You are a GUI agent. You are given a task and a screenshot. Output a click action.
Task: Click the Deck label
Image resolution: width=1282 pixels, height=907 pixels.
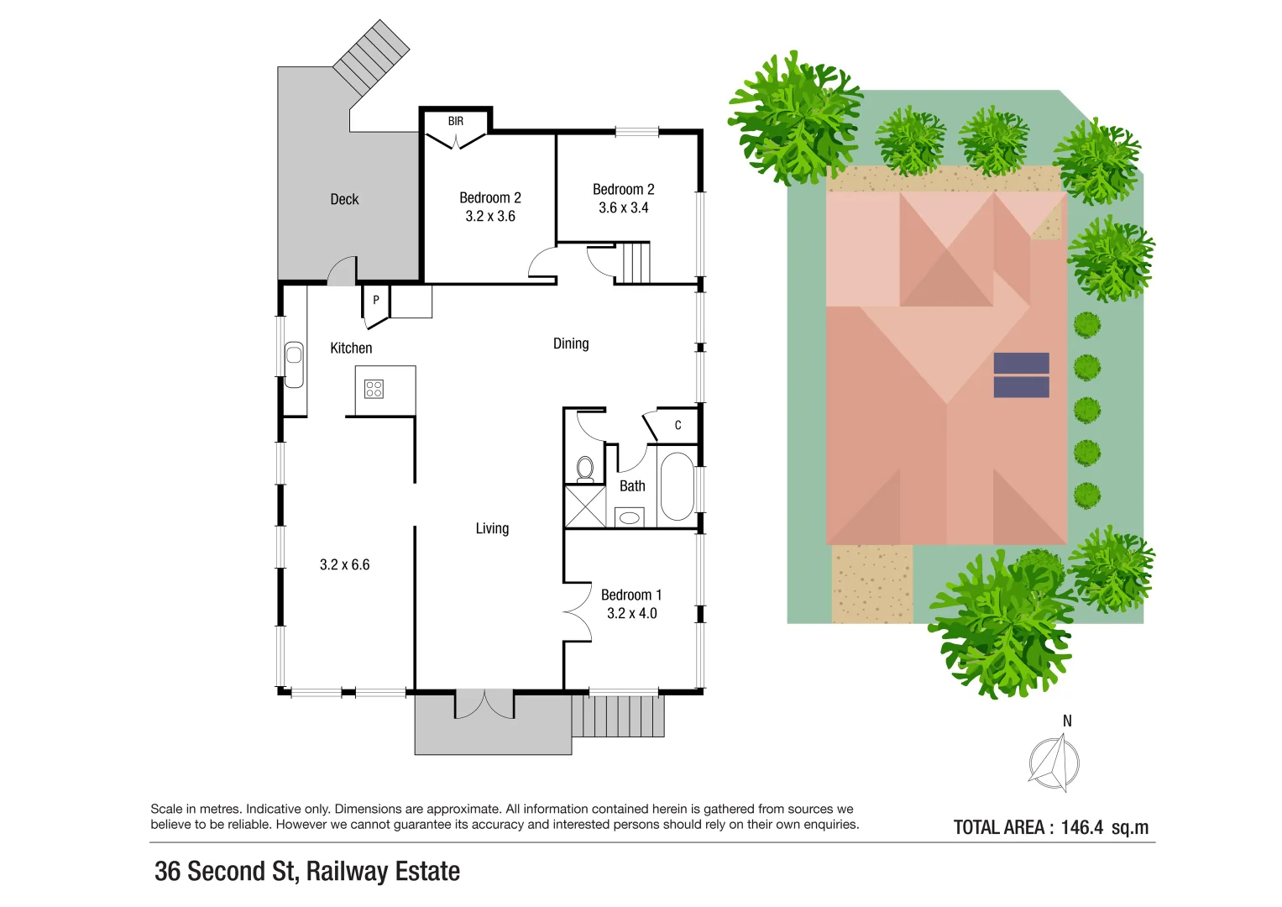point(344,199)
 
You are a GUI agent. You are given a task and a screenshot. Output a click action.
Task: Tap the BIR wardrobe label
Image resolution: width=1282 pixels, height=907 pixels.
point(455,122)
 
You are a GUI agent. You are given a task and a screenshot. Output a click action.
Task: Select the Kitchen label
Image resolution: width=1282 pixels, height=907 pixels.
point(351,348)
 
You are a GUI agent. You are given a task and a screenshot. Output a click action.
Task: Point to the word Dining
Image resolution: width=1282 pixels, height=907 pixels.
point(571,343)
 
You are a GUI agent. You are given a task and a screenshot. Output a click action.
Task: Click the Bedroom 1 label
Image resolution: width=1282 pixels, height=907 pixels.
point(631,595)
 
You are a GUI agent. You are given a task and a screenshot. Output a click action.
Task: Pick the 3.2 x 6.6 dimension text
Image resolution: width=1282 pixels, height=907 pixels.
point(344,564)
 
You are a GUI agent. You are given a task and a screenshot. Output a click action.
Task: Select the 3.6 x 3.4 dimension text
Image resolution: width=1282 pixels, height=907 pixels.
point(623,207)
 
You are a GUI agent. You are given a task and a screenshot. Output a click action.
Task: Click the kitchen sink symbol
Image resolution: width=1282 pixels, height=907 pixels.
point(294,364)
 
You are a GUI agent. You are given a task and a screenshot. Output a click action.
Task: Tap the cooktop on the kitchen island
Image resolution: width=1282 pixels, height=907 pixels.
point(374,389)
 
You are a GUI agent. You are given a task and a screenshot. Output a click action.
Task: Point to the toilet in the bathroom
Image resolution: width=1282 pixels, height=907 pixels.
point(585,468)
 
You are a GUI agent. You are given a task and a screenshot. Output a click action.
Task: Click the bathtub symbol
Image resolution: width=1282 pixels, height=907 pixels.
point(677,486)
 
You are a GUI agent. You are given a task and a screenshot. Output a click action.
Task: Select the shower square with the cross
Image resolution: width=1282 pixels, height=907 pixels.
point(585,506)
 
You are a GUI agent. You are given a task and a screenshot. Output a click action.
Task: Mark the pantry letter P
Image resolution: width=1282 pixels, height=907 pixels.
point(375,300)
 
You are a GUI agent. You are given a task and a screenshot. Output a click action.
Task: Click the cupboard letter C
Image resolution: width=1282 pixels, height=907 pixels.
point(678,425)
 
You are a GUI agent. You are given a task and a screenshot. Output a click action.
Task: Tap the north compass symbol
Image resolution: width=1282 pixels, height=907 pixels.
point(1055,762)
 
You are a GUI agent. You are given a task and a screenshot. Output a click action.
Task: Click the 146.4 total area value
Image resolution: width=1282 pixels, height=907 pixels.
point(1081,827)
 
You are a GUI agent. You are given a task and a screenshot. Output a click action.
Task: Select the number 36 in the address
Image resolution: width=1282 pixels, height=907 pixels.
point(168,872)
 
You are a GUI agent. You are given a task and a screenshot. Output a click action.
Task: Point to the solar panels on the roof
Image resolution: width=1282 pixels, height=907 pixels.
point(1021,375)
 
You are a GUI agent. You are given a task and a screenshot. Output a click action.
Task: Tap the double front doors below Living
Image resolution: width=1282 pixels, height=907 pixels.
point(484,704)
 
